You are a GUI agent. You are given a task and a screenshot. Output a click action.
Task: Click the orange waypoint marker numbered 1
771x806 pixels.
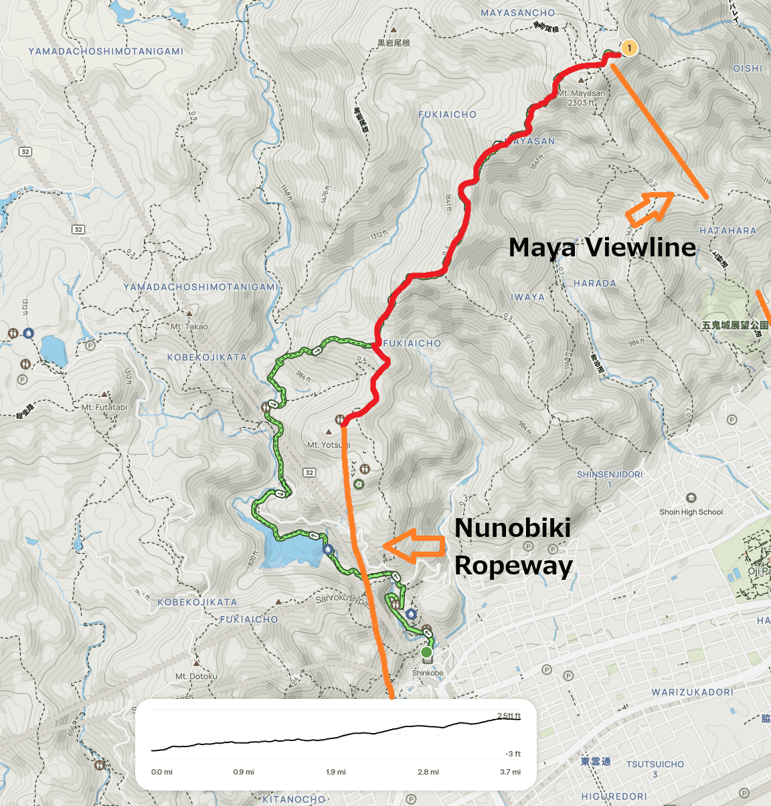[x=628, y=48]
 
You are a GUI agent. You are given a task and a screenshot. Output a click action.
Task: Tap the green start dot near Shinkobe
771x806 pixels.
[x=426, y=652]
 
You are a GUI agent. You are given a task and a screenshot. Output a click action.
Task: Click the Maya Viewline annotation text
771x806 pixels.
[x=602, y=247]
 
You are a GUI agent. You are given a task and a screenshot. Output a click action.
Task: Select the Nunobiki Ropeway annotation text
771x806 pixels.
[x=513, y=546]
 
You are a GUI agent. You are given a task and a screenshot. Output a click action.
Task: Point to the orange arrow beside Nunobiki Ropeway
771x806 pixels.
[x=415, y=545]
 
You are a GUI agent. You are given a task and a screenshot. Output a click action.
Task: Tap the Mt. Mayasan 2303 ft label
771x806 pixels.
[x=581, y=98]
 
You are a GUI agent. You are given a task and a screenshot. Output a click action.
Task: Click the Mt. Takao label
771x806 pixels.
[x=189, y=327]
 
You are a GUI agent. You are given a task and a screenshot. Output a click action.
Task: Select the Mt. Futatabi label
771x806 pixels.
[x=104, y=407]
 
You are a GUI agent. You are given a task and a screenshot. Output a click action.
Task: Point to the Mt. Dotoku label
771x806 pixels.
[x=196, y=676]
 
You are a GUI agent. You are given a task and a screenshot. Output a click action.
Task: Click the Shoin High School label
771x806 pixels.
[x=691, y=512]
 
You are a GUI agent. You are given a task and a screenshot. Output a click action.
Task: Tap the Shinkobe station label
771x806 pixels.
[x=428, y=673]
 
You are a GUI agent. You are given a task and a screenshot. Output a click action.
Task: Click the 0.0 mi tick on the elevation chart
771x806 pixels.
[x=162, y=772]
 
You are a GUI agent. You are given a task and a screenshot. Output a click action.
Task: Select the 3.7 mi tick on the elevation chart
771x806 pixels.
[x=510, y=772]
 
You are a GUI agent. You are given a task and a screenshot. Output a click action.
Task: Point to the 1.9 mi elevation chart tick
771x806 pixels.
[x=336, y=772]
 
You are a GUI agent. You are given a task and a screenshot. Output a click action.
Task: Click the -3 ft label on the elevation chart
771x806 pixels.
[x=513, y=754]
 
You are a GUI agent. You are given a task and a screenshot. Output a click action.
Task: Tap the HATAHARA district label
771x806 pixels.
[x=727, y=231]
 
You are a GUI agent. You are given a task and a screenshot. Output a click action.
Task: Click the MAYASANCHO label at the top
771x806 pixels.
[x=518, y=13]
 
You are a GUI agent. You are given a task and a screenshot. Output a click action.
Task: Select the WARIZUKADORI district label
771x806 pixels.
[x=693, y=692]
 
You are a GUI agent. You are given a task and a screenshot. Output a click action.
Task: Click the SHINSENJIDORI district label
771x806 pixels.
[x=610, y=475]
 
